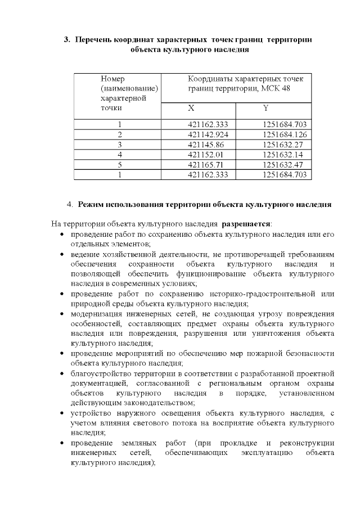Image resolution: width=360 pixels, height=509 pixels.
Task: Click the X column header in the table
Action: (192, 108)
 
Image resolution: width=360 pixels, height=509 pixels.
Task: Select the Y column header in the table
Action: (265, 108)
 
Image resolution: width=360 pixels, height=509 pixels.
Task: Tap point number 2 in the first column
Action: (120, 134)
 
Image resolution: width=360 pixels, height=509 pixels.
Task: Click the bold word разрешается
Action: (246, 224)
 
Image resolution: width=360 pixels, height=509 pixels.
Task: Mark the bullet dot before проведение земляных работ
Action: (64, 443)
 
